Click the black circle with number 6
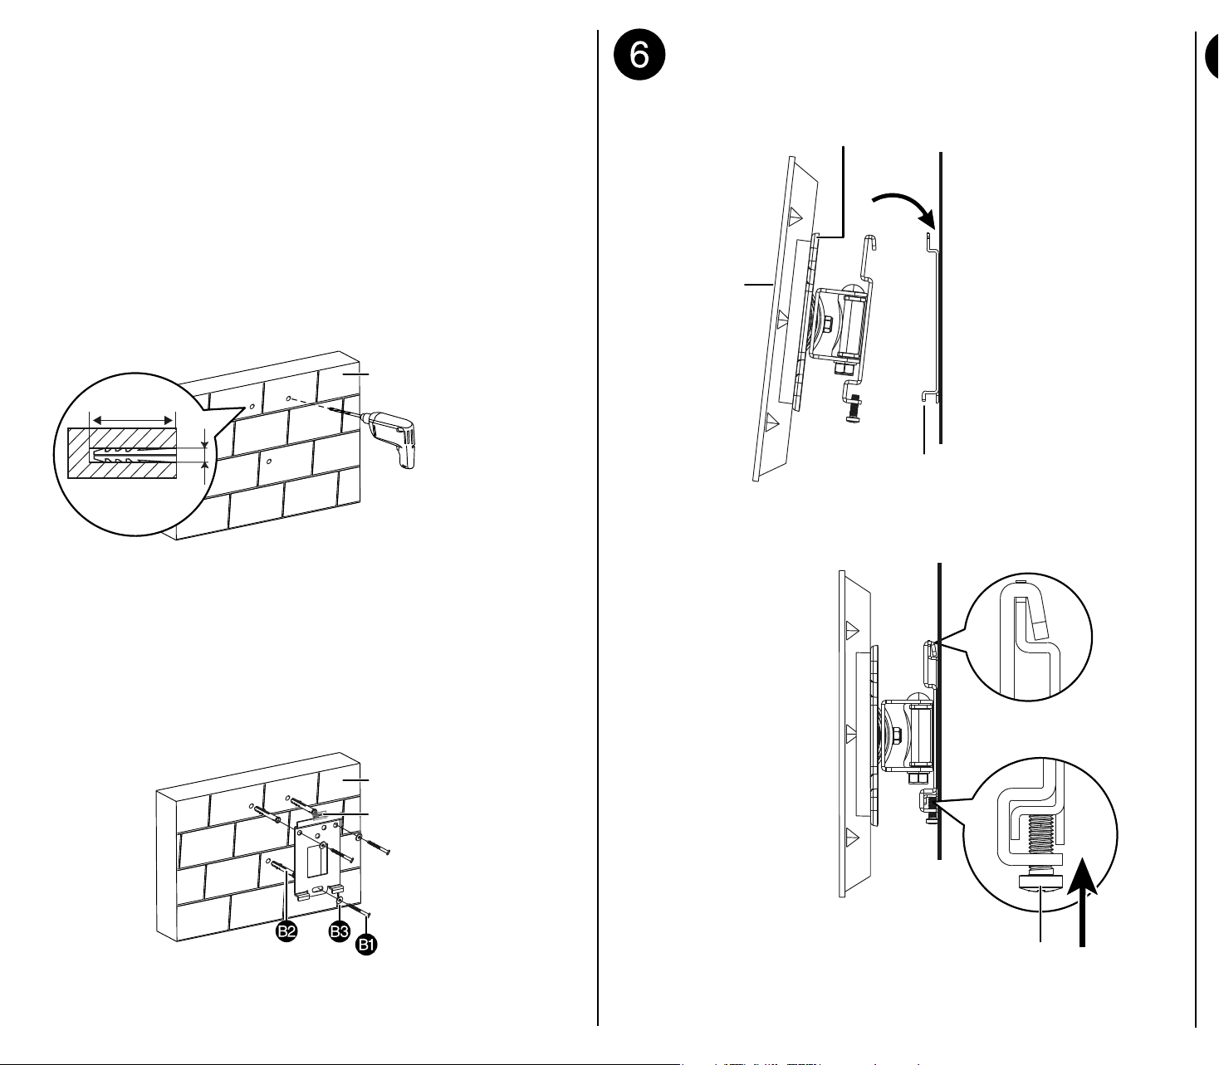pos(639,55)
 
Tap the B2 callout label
pos(286,931)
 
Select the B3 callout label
pos(340,931)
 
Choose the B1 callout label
pos(366,945)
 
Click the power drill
pos(394,436)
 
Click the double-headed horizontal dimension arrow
pos(132,421)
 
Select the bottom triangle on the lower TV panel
pos(851,836)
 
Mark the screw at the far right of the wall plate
pos(374,845)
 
